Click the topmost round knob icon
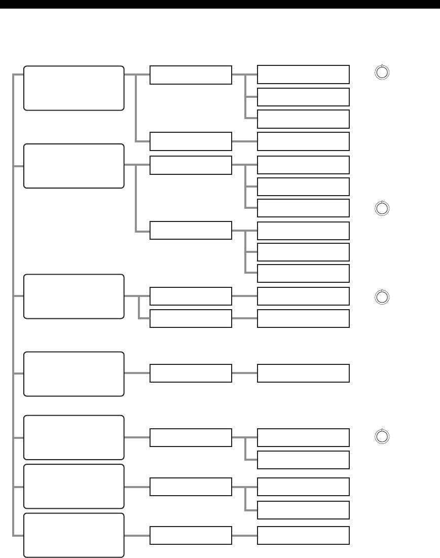pyautogui.click(x=383, y=72)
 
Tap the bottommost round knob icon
pyautogui.click(x=383, y=436)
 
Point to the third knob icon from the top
pyautogui.click(x=383, y=296)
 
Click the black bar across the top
pyautogui.click(x=220, y=4)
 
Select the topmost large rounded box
pyautogui.click(x=74, y=88)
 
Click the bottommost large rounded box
pyautogui.click(x=74, y=535)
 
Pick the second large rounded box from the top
pyautogui.click(x=74, y=166)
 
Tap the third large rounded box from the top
pyautogui.click(x=74, y=296)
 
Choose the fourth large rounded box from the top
pyautogui.click(x=74, y=374)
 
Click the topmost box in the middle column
pyautogui.click(x=191, y=75)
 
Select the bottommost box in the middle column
pyautogui.click(x=191, y=536)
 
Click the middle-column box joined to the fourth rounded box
pyautogui.click(x=191, y=373)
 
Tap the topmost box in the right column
pyautogui.click(x=303, y=75)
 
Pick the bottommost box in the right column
pyautogui.click(x=303, y=536)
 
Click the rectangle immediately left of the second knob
pyautogui.click(x=303, y=208)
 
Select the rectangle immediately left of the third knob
pyautogui.click(x=303, y=296)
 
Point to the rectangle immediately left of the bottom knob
pyautogui.click(x=303, y=437)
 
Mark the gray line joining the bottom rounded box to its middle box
pyautogui.click(x=137, y=536)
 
